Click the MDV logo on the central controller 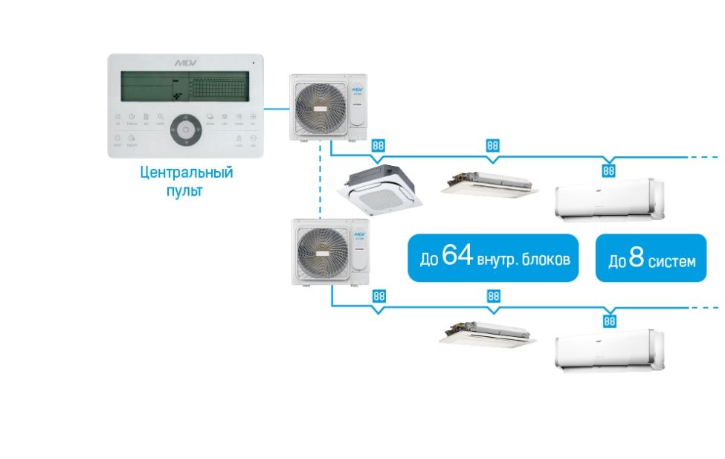183,63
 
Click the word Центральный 187,173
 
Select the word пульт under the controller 184,190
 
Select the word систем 671,261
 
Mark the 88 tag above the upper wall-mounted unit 609,171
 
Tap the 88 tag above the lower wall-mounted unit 609,321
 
